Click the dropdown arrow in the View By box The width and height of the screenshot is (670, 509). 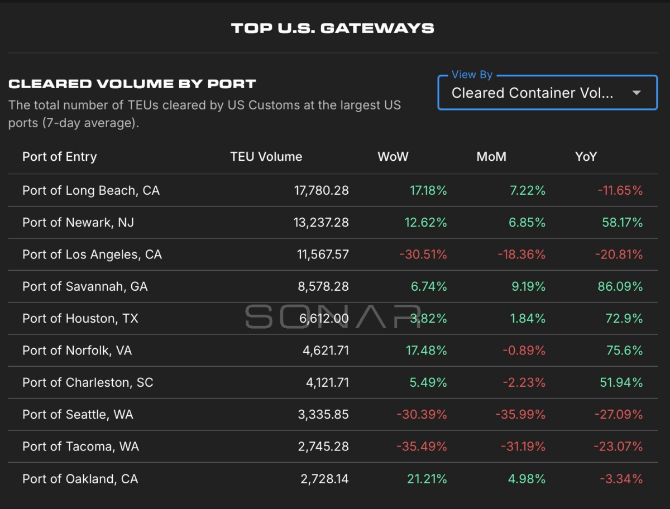point(636,93)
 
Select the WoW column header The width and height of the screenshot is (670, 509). point(393,157)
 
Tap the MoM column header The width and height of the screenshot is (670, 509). point(491,157)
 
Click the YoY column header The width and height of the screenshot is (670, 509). point(586,157)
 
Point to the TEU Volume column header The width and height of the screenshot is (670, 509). point(266,157)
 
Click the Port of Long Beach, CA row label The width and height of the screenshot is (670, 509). point(91,191)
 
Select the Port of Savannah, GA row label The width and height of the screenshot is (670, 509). point(85,287)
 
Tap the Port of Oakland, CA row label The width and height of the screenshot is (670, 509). point(80,479)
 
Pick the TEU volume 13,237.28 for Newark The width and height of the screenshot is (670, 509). point(321,223)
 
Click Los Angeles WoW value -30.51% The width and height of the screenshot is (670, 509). point(423,254)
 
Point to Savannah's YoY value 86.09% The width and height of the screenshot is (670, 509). point(620,287)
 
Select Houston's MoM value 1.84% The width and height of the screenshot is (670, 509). point(528,319)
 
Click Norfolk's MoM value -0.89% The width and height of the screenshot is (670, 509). point(524,350)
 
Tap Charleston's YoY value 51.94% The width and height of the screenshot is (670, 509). point(621,383)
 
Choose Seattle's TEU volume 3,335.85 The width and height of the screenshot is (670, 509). point(323,415)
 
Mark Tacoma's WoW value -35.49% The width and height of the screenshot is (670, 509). point(422,447)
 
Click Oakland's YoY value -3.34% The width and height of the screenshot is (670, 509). point(621,479)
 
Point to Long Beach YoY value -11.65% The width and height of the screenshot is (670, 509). point(620,191)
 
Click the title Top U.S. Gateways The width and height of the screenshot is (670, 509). point(332,28)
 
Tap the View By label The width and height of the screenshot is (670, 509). point(472,75)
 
